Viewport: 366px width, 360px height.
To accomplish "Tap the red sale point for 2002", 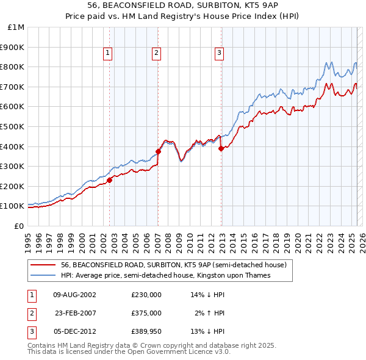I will (110, 180).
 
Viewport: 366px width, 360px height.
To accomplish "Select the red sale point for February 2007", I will (158, 151).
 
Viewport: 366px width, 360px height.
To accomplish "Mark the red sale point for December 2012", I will (221, 148).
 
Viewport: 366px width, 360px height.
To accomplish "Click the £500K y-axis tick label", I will (13, 126).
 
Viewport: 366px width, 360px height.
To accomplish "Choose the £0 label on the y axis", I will (20, 226).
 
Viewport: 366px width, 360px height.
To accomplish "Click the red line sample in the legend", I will (43, 265).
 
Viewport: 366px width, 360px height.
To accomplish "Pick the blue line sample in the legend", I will (43, 275).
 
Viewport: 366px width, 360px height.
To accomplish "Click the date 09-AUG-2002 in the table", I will (75, 295).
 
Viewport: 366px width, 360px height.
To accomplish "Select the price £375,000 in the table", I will (146, 313).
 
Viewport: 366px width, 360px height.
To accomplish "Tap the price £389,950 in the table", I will (146, 331).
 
